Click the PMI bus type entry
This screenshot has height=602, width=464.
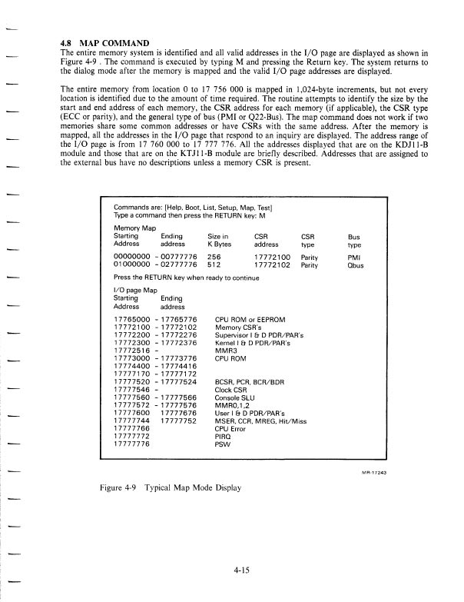point(353,257)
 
